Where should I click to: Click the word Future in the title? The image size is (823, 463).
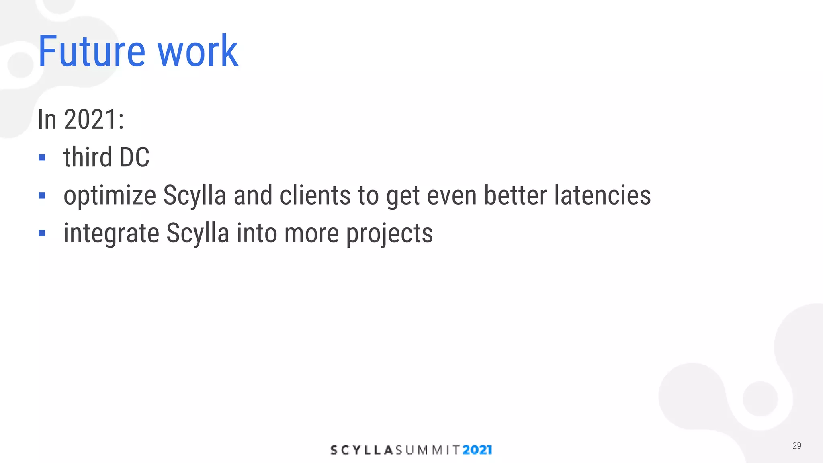click(x=92, y=51)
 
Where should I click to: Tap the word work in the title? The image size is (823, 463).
click(x=198, y=51)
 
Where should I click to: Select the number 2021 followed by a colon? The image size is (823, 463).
click(x=94, y=119)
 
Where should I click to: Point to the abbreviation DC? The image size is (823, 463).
click(x=135, y=157)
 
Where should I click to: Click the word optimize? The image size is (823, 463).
click(x=110, y=196)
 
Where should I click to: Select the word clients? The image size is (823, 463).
click(x=315, y=195)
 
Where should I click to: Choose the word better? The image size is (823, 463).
click(x=515, y=195)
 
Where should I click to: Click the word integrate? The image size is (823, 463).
click(x=111, y=233)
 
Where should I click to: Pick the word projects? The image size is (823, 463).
click(x=389, y=234)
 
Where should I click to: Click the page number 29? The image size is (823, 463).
click(x=796, y=445)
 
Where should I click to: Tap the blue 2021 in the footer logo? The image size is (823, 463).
click(x=477, y=450)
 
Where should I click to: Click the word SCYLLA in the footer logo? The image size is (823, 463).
click(x=361, y=450)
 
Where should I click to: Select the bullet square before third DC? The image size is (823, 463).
click(x=42, y=158)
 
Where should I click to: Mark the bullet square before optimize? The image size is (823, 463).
click(x=42, y=196)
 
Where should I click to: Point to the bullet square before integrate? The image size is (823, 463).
click(x=42, y=233)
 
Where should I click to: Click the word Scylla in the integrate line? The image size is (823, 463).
click(x=197, y=233)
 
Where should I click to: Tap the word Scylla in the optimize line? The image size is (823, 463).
click(x=194, y=196)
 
